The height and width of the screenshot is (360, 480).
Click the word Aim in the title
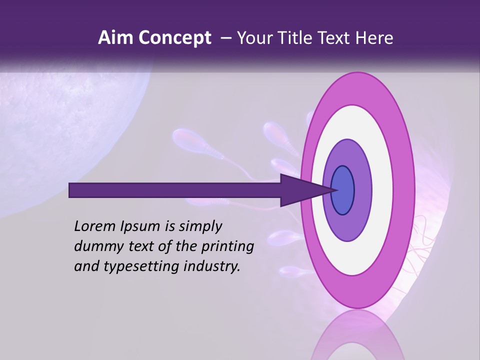pos(115,38)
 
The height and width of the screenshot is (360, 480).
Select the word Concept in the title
pos(174,38)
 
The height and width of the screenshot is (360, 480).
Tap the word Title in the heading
pos(297,38)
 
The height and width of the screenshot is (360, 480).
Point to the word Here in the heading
pos(375,38)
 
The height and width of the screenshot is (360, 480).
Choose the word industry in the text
pos(212,266)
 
